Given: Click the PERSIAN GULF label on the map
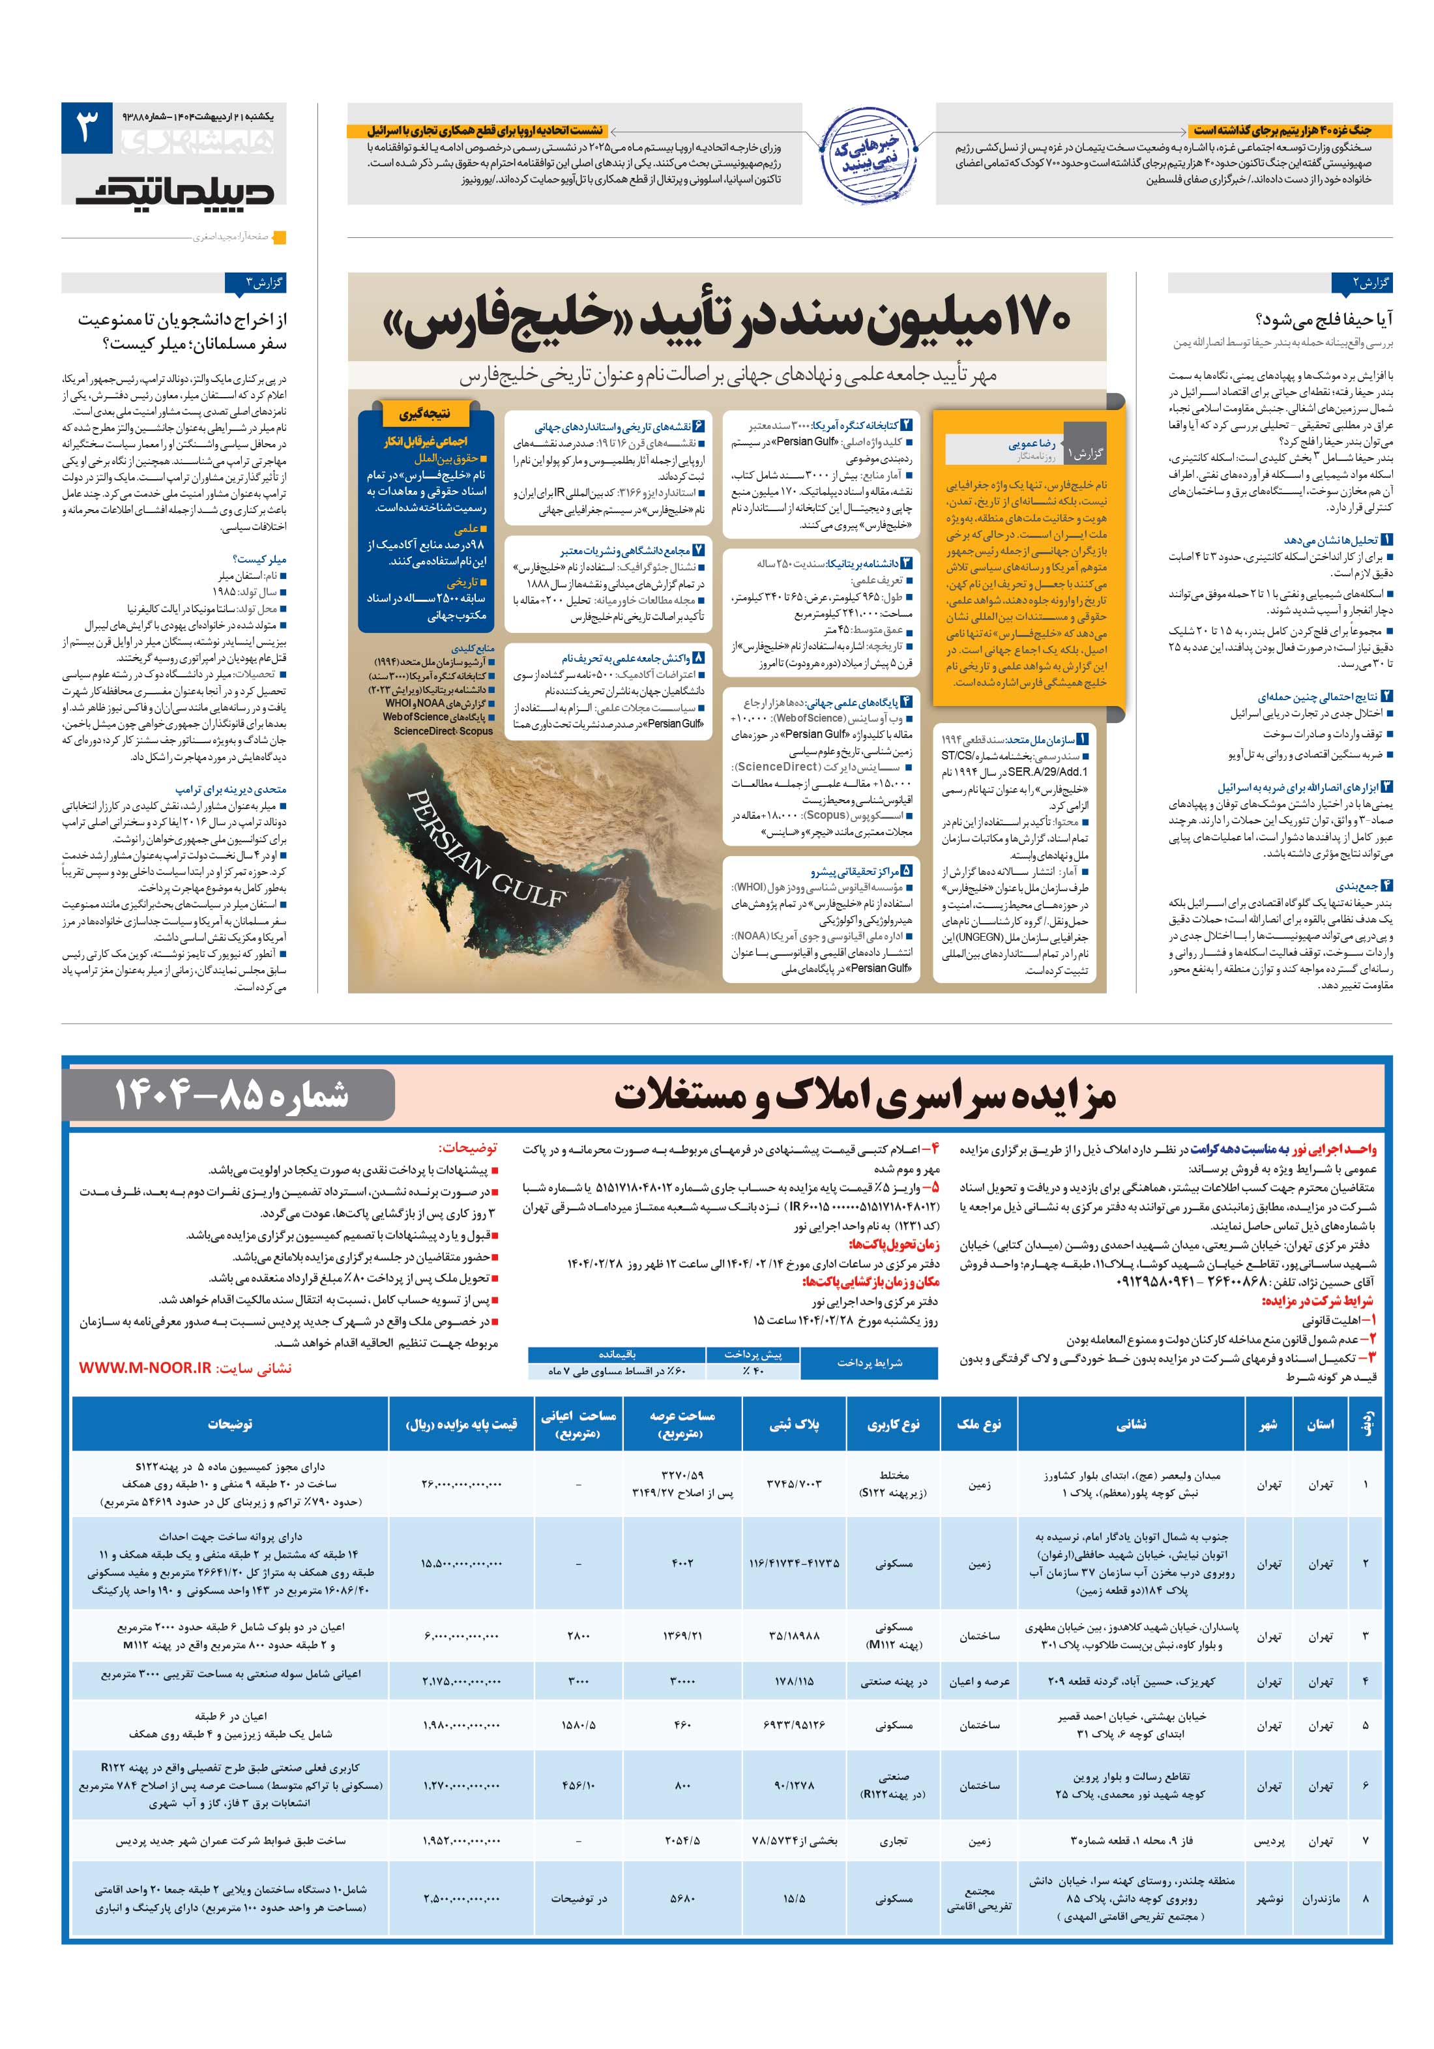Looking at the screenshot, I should pos(486,847).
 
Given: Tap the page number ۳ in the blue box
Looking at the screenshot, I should pos(87,129).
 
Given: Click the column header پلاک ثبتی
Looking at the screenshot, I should pos(794,1423).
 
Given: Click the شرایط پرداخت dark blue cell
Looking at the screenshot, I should pos(868,1363).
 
